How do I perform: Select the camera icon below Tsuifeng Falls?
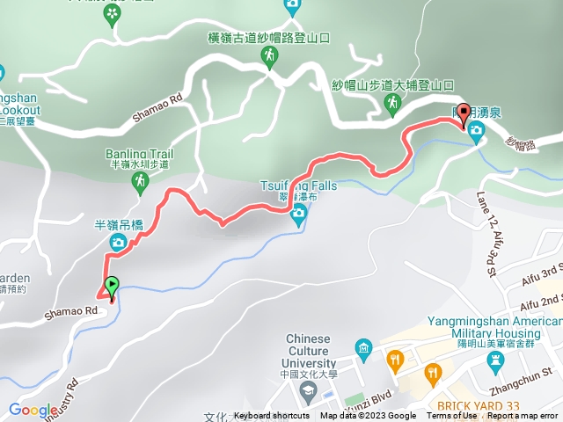click(298, 212)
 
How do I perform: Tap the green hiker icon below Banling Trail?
click(138, 182)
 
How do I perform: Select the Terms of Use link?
click(452, 416)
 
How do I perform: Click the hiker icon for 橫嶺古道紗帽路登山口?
click(268, 57)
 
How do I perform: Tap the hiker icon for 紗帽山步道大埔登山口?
click(391, 105)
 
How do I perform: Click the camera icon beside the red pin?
click(476, 134)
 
